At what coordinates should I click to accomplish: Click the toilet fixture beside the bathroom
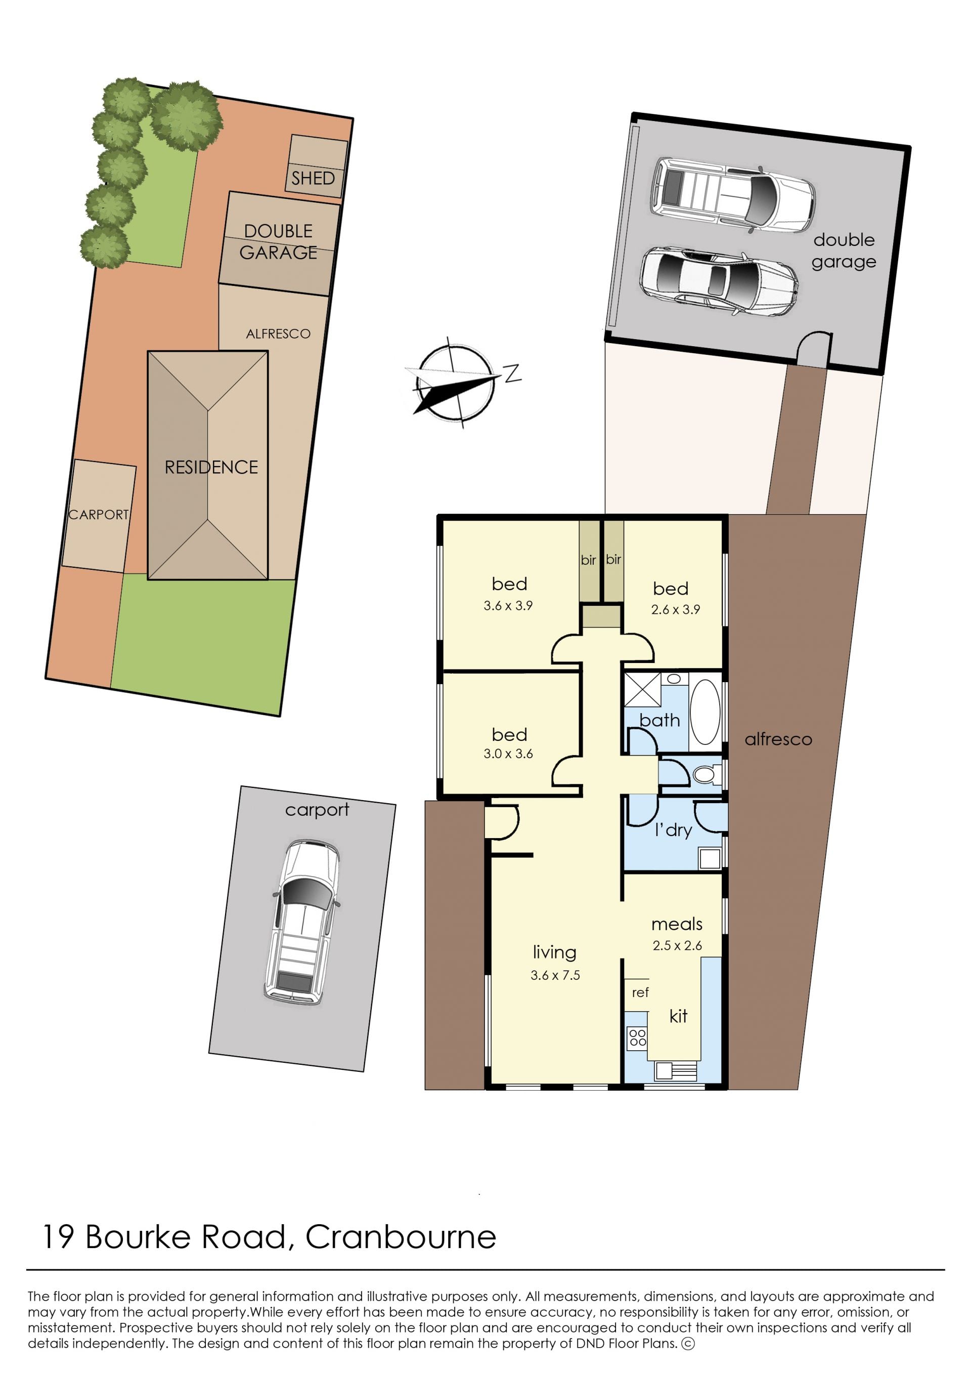coord(706,776)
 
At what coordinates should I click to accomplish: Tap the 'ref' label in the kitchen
coord(640,992)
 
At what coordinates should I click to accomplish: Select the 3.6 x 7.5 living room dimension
coord(555,975)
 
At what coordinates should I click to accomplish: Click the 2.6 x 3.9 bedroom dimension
coord(675,610)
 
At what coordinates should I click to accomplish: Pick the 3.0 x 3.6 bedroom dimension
coord(508,754)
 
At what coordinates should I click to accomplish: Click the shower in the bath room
coord(642,690)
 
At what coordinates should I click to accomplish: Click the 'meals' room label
coord(677,924)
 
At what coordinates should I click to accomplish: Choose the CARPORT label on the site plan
coord(99,515)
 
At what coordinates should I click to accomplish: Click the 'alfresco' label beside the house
coord(778,739)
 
